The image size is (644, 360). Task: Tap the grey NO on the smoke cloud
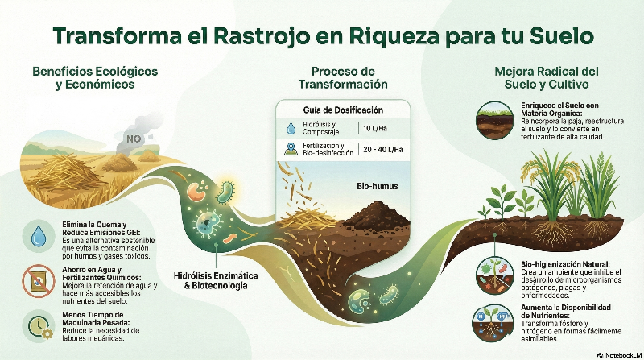(135, 139)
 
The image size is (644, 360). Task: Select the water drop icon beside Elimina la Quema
(38, 237)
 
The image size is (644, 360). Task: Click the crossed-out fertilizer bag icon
(38, 279)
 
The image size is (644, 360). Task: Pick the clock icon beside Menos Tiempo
(38, 324)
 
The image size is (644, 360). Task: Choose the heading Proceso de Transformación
(343, 77)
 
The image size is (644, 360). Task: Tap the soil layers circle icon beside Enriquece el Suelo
(489, 116)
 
